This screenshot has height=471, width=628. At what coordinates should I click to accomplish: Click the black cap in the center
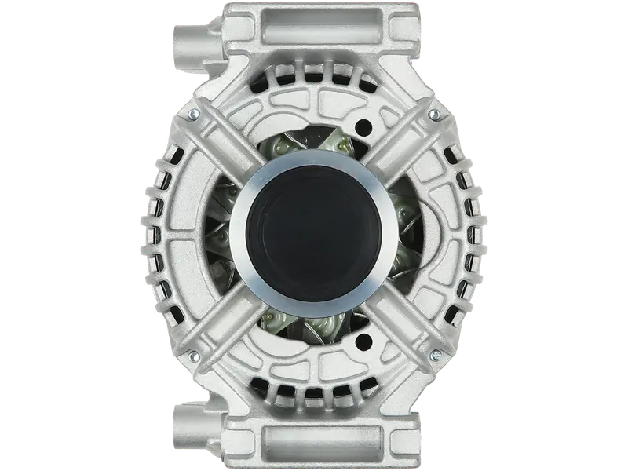pos(314,234)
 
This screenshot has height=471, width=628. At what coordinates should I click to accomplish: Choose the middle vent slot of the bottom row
pos(314,392)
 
